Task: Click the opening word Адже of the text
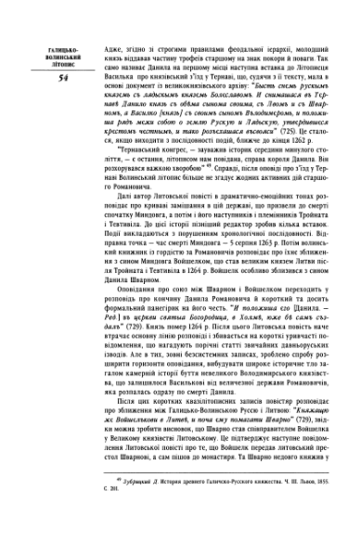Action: tap(114, 45)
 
